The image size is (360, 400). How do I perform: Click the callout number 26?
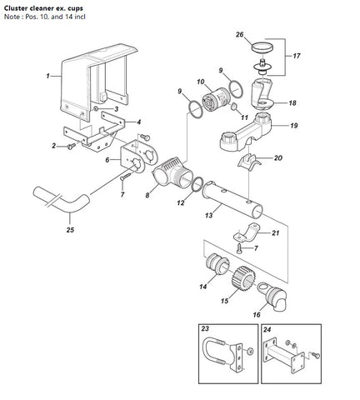pos(239,34)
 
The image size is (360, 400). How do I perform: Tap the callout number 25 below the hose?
pos(70,230)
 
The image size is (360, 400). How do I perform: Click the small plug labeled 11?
pos(234,107)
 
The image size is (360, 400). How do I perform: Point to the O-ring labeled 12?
pos(197,184)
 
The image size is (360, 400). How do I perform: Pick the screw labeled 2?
pos(72,146)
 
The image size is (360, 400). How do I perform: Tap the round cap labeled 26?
pos(262,47)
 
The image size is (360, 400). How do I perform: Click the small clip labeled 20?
pos(249,161)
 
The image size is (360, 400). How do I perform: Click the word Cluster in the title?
pos(14,8)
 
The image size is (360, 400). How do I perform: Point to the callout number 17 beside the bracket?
pos(297,56)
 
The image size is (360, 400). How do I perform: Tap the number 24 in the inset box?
pos(267,330)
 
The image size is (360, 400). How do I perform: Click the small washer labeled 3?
pos(96,108)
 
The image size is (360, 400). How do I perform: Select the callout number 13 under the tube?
pos(208,215)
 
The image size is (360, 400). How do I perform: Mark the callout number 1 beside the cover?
pos(47,76)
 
